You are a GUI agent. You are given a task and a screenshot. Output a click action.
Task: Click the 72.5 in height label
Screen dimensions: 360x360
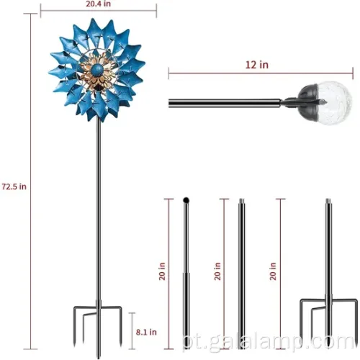[x=14, y=186]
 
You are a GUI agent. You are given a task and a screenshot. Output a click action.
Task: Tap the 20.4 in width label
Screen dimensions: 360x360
[x=99, y=4]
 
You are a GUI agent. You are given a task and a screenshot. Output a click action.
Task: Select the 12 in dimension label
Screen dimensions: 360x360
[x=257, y=65]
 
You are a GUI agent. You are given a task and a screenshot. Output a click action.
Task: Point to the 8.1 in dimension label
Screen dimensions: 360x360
[x=146, y=332]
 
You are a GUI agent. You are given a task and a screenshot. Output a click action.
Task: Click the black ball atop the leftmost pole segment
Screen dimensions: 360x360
[x=186, y=200]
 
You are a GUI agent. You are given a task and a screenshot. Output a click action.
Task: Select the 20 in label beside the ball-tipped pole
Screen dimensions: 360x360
[x=163, y=271]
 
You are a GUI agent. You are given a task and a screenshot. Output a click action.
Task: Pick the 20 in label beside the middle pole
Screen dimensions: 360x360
[x=217, y=271]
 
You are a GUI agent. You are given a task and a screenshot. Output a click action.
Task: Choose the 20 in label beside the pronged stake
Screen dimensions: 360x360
[x=273, y=271]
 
